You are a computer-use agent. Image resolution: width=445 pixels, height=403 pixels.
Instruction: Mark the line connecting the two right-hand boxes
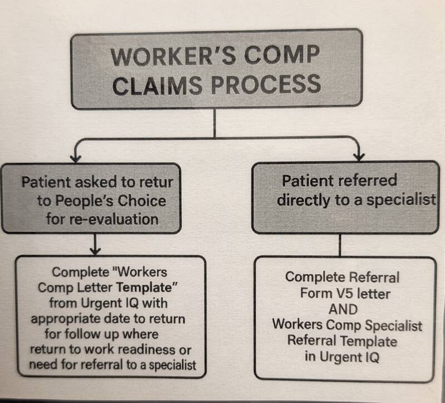[340, 245]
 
